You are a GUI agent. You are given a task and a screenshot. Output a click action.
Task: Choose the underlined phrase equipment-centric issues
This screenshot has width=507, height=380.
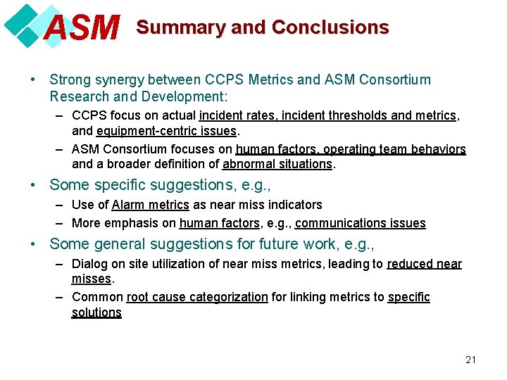(x=168, y=131)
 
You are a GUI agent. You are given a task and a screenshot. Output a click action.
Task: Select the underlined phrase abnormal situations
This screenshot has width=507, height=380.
(x=277, y=165)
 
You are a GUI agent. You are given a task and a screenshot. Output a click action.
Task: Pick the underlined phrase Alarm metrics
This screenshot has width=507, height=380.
(x=150, y=205)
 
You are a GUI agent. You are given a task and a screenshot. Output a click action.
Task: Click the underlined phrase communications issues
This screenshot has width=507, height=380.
(x=361, y=224)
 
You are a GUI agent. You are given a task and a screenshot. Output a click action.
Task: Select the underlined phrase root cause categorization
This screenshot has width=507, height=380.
(x=197, y=297)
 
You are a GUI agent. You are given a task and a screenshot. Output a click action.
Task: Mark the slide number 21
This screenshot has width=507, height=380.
(x=471, y=360)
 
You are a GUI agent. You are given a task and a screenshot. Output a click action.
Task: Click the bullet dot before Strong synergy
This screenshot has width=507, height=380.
(x=35, y=80)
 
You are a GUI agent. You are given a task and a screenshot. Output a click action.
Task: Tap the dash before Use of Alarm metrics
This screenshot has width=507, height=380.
(x=60, y=205)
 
